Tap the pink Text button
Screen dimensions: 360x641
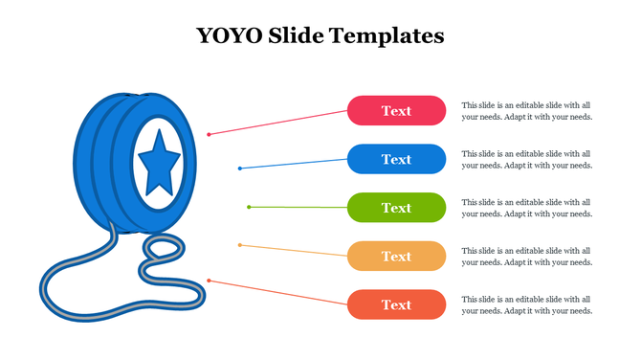click(396, 111)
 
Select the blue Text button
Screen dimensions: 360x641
click(396, 159)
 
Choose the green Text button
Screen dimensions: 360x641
click(396, 208)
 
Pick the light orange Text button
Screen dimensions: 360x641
click(396, 257)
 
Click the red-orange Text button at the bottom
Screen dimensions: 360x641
click(396, 304)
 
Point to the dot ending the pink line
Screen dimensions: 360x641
click(209, 134)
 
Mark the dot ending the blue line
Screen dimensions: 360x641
click(240, 169)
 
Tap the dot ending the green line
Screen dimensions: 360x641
click(249, 207)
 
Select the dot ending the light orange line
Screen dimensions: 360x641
click(239, 245)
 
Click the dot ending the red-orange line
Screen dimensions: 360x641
click(209, 281)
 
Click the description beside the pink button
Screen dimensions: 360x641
click(526, 111)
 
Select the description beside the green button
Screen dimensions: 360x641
click(526, 208)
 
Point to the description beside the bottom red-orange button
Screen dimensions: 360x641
click(526, 304)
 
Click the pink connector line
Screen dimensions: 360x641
click(277, 123)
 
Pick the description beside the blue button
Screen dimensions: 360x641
click(526, 159)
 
